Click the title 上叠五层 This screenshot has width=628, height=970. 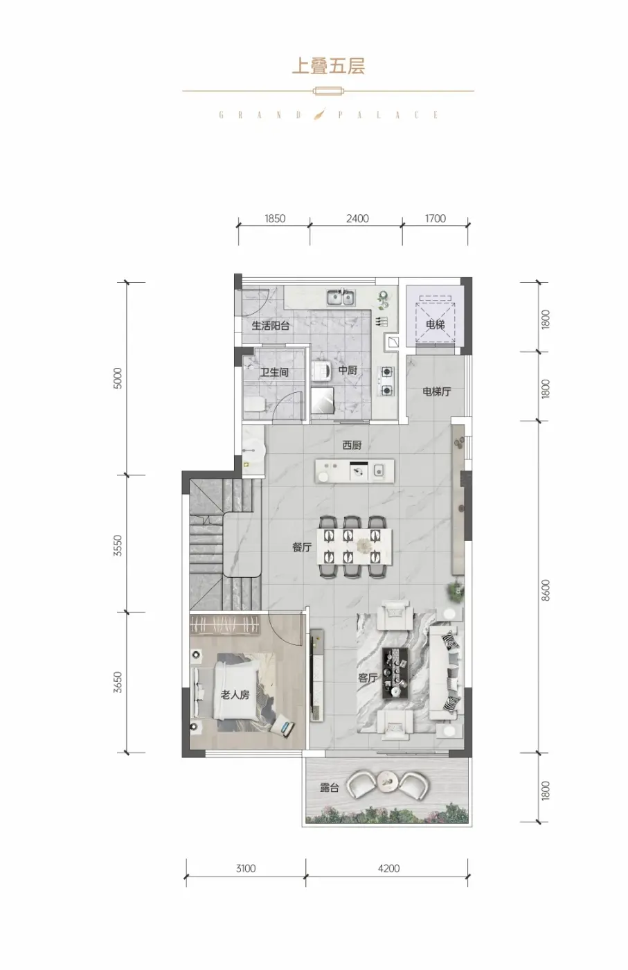(328, 67)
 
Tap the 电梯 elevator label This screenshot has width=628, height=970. (435, 324)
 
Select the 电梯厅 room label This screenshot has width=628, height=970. (437, 391)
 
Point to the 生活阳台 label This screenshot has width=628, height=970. (271, 326)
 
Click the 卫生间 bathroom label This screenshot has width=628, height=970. (274, 372)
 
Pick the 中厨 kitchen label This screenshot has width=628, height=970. (348, 370)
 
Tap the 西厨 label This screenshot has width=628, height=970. (352, 445)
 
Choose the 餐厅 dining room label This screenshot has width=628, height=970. (302, 547)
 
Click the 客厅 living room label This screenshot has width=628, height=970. (368, 678)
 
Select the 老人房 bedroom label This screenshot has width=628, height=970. (235, 695)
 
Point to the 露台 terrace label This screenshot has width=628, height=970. (330, 788)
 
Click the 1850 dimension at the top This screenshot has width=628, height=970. (275, 218)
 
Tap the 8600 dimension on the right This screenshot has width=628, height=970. (546, 590)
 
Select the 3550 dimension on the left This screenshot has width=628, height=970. (118, 546)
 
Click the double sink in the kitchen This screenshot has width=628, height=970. (341, 297)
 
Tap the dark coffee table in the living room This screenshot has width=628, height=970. (396, 673)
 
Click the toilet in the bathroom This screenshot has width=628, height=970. (254, 405)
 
